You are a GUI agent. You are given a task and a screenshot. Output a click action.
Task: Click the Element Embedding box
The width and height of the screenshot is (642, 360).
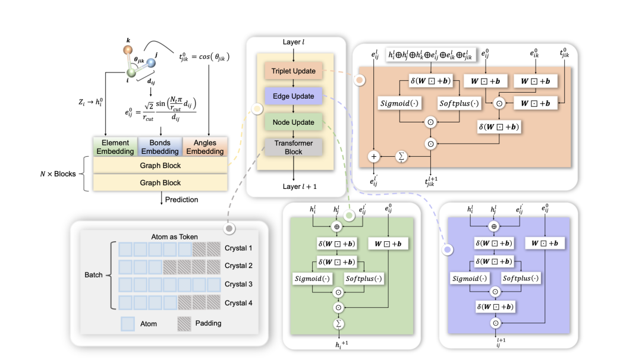pos(115,147)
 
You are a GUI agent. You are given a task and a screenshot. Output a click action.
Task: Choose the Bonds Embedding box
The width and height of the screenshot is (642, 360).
pos(160,147)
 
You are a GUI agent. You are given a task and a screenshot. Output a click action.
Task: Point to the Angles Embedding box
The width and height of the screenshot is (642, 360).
pos(204,147)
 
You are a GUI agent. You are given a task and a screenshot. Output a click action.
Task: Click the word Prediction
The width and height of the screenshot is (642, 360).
pos(181,200)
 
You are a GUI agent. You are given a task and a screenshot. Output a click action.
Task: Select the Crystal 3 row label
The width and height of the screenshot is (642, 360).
pos(238,285)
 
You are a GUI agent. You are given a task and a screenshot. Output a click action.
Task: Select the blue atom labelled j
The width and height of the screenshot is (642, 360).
pos(150,62)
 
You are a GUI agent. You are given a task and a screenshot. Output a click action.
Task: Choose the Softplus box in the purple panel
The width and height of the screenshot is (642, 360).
pos(521,278)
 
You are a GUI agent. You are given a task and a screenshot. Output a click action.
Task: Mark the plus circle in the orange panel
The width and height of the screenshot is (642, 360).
pos(374,156)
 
